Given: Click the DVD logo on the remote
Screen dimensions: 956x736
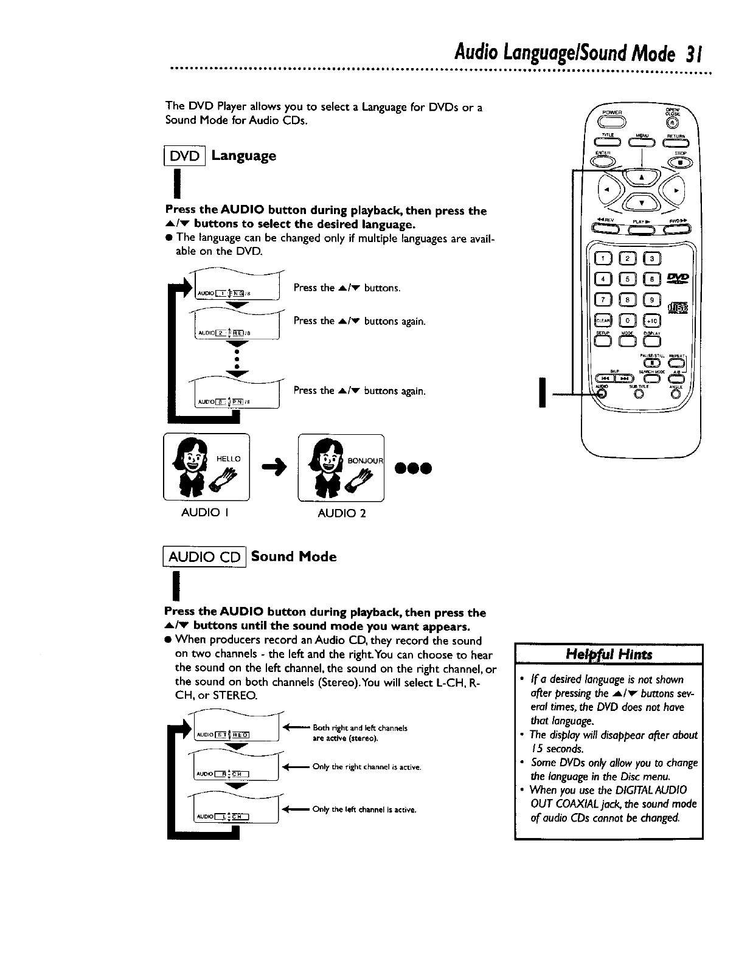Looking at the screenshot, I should pos(676,279).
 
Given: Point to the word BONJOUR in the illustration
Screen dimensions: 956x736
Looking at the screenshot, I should pos(365,460).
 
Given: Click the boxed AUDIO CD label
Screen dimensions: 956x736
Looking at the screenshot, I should pos(204,557).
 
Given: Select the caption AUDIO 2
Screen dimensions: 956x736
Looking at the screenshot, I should pos(342,513).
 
